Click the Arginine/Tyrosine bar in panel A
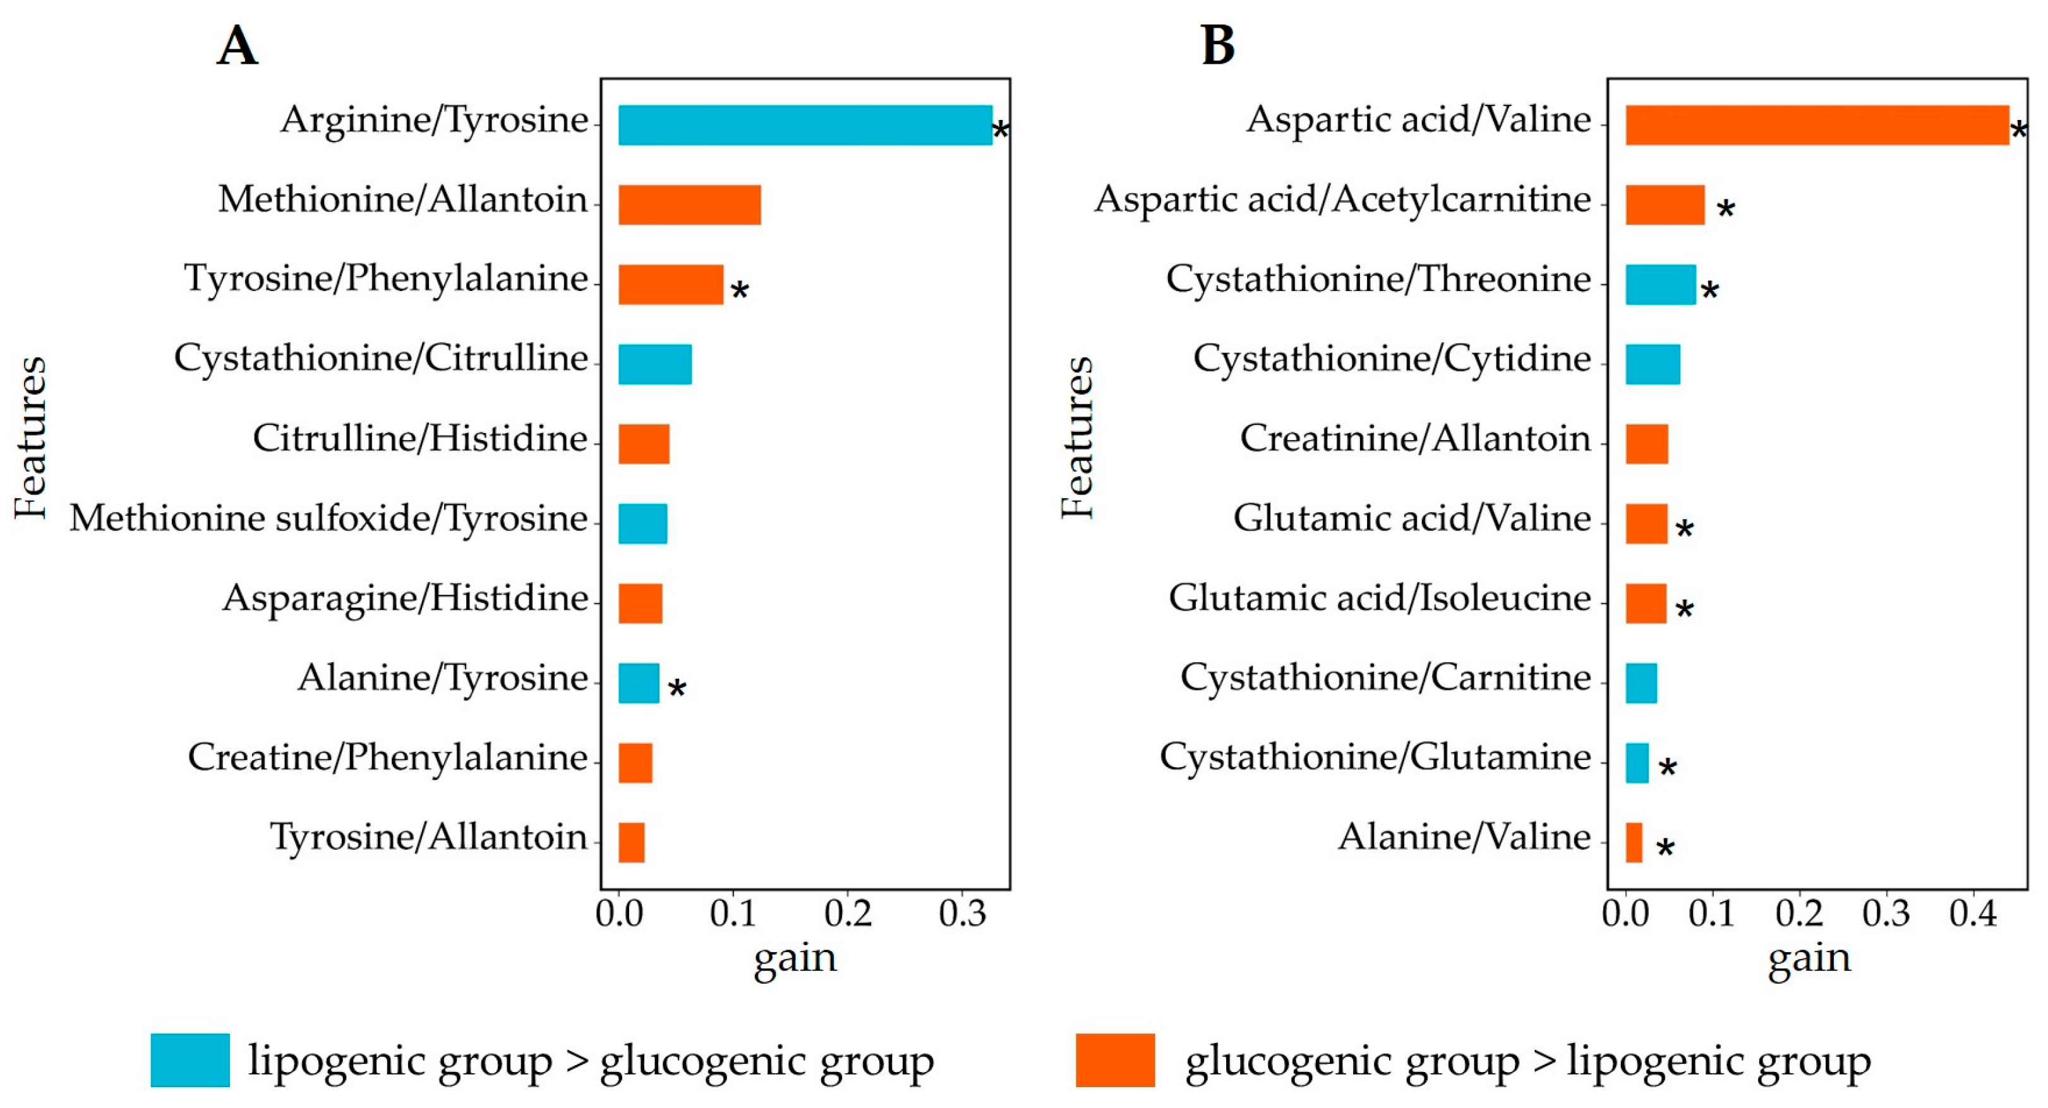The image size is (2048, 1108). pos(805,126)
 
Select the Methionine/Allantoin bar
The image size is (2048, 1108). pos(689,205)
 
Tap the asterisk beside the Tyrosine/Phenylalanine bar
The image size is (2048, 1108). pos(739,290)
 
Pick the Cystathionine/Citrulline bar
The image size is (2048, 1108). pos(655,364)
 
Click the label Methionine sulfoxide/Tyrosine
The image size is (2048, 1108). pos(328,518)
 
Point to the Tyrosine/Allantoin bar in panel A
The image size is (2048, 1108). pos(631,843)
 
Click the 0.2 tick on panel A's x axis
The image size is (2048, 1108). pos(848,914)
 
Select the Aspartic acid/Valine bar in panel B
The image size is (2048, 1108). pos(1817,126)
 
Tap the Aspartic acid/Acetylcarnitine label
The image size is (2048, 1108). pos(1342,200)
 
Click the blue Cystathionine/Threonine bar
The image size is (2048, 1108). pos(1660,285)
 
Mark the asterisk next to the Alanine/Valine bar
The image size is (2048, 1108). pos(1665,847)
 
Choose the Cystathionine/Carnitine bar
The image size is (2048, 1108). pos(1641,684)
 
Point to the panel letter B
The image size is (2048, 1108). pos(1217,45)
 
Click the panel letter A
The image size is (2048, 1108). pos(237,45)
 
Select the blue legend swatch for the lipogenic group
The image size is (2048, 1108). pos(190,1059)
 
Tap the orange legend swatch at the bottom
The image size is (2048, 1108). pos(1114,1059)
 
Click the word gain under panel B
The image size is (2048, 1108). pos(1809,958)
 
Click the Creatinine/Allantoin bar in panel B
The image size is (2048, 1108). pos(1646,444)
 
